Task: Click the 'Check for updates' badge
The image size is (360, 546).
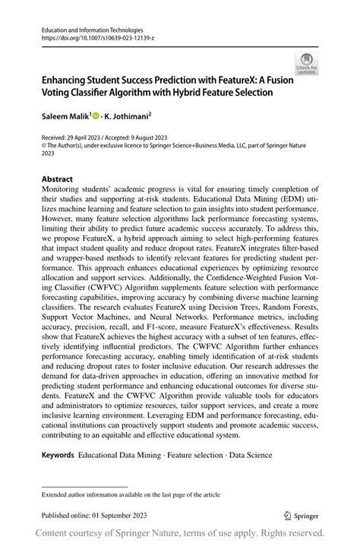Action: [x=307, y=64]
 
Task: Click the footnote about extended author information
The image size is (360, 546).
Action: [x=126, y=494]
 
